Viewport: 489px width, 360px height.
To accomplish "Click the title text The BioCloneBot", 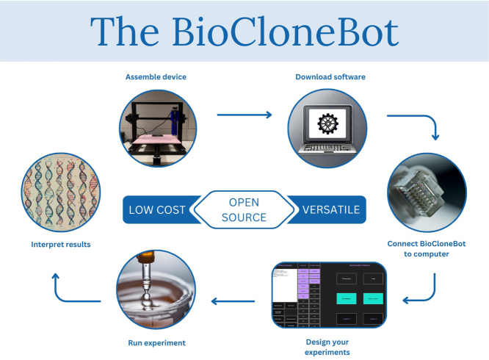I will coord(245,32).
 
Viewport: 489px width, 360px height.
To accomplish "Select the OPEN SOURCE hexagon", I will coord(245,210).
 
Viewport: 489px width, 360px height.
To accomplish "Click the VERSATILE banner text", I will coord(331,210).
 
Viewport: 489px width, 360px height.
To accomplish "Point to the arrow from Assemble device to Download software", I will coord(245,115).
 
